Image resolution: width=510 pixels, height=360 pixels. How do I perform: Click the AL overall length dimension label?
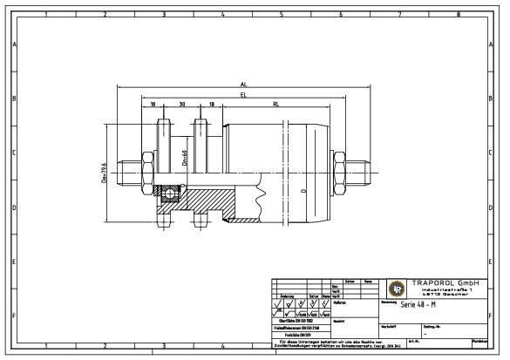[243, 85]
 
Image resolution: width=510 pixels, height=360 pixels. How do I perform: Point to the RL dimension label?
[275, 103]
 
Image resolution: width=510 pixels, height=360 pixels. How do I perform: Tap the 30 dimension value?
[181, 103]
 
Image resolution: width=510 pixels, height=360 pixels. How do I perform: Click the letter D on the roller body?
[303, 189]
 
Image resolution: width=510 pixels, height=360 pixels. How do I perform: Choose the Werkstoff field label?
[389, 326]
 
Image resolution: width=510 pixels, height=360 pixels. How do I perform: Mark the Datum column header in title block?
[348, 281]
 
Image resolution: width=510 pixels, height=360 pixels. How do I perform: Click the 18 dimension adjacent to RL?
[210, 103]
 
